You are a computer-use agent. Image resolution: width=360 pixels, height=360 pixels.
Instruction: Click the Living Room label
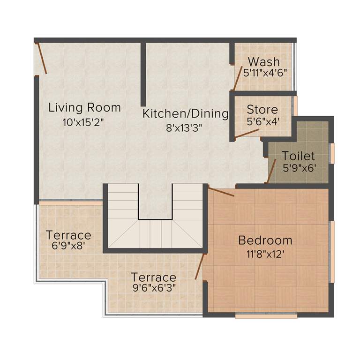pyautogui.click(x=84, y=107)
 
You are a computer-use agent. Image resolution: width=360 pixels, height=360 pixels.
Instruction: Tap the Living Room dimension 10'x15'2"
pyautogui.click(x=83, y=123)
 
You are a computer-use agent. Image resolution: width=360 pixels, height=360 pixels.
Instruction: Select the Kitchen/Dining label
pyautogui.click(x=186, y=113)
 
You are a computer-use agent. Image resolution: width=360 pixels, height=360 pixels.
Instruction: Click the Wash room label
pyautogui.click(x=264, y=61)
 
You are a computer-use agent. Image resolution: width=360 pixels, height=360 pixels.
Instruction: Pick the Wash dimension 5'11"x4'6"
pyautogui.click(x=265, y=73)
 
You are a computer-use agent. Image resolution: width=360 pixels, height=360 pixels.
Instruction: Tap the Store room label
pyautogui.click(x=262, y=110)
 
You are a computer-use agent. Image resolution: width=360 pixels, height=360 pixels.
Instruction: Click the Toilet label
pyautogui.click(x=298, y=156)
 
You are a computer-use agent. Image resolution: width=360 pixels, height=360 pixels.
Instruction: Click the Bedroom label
pyautogui.click(x=265, y=240)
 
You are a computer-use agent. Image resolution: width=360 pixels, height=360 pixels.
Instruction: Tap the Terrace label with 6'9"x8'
pyautogui.click(x=68, y=235)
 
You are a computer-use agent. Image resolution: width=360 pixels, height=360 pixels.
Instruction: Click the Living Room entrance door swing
pyautogui.click(x=41, y=59)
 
